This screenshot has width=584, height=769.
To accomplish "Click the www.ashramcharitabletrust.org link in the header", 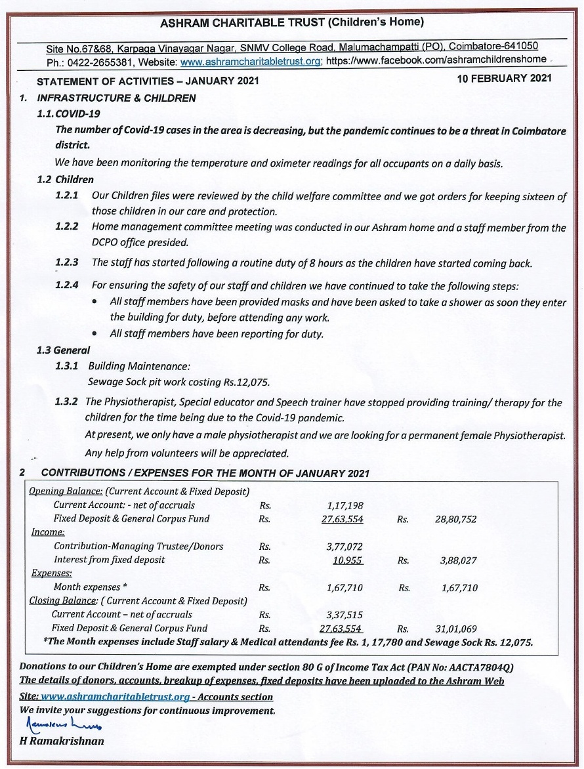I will click(x=251, y=61).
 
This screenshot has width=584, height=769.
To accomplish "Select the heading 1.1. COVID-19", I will click(x=68, y=114).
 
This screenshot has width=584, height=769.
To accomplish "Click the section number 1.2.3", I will click(x=67, y=262).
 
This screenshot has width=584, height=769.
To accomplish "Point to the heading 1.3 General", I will click(x=63, y=350).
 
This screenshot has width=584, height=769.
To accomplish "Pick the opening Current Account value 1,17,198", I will click(x=344, y=505).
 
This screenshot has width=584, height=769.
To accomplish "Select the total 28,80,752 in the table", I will click(x=455, y=519).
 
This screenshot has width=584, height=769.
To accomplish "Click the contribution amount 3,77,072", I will click(x=344, y=547).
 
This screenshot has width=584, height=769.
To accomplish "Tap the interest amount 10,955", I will click(x=348, y=560).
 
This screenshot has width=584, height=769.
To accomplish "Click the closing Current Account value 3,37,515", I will click(x=344, y=615).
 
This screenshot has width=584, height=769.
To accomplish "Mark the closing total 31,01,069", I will click(x=455, y=629).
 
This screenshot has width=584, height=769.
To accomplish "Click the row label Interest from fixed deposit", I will click(x=109, y=560).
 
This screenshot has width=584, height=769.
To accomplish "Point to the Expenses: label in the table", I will click(x=52, y=573).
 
